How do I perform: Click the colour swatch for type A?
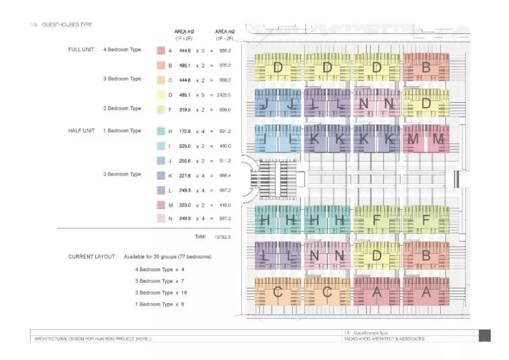point(160,50)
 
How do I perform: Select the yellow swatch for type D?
point(160,95)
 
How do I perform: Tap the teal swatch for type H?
point(160,131)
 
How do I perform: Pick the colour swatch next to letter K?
point(160,175)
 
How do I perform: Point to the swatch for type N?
point(160,219)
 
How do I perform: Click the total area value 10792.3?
point(222,237)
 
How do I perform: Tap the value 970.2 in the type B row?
point(224,66)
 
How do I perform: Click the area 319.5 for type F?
point(185,109)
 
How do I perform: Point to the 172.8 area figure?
point(185,131)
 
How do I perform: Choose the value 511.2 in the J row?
point(224,161)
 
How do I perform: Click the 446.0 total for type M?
point(224,205)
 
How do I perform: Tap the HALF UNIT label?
point(81,131)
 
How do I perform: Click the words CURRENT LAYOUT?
point(92,257)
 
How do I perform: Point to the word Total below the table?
point(200,237)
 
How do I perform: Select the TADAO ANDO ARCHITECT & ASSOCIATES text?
point(384,339)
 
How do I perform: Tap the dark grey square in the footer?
point(485,336)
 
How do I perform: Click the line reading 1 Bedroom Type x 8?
point(159,304)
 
